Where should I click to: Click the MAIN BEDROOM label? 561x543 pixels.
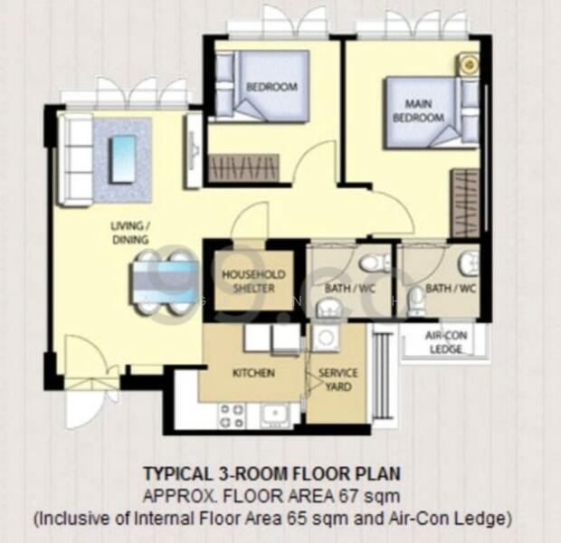click(x=417, y=111)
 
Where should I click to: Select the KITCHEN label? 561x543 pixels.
click(x=253, y=373)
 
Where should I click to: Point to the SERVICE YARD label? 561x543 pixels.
click(x=337, y=379)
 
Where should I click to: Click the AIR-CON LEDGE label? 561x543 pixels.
click(x=444, y=340)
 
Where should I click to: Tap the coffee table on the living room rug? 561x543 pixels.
click(x=122, y=158)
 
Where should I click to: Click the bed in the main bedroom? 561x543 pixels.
click(x=425, y=113)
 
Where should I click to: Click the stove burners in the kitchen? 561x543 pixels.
click(x=231, y=415)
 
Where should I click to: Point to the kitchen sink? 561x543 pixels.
click(x=274, y=415)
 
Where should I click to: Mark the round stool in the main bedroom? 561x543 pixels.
click(x=468, y=64)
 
